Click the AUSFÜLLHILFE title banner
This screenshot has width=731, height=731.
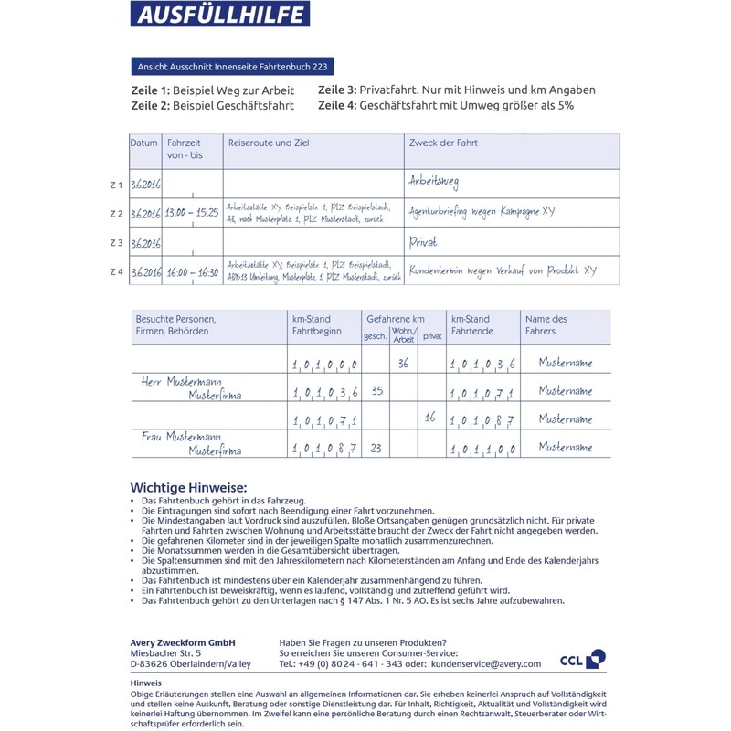click(x=219, y=14)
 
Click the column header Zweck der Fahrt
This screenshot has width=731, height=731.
click(x=443, y=143)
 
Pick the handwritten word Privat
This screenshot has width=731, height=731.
click(x=424, y=242)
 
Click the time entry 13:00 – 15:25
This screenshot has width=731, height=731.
click(x=191, y=213)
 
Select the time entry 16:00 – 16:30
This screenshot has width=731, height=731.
click(x=191, y=271)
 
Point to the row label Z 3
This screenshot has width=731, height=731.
click(x=116, y=243)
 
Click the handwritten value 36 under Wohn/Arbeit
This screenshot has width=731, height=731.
click(x=403, y=363)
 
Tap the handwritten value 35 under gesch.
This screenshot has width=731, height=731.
click(x=377, y=391)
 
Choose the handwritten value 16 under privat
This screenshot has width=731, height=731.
click(x=431, y=418)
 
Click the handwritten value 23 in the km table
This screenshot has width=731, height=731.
click(x=376, y=448)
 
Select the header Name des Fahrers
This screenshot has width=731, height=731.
click(x=546, y=324)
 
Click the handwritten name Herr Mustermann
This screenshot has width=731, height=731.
click(x=181, y=381)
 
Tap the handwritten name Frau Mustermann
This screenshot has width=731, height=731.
click(x=181, y=438)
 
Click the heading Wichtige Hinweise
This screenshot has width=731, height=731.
click(x=189, y=488)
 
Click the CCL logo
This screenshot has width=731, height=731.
click(x=582, y=659)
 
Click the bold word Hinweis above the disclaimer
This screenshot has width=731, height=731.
click(x=146, y=683)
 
